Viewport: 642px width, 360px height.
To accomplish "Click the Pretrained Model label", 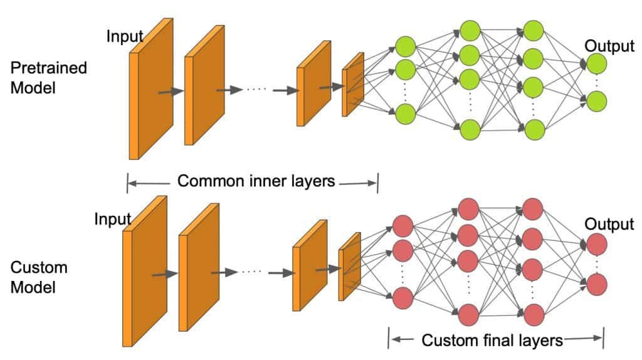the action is click(x=48, y=78).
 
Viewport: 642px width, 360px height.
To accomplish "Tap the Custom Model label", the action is click(x=39, y=277).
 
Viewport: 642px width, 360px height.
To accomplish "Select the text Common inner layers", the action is click(x=256, y=181).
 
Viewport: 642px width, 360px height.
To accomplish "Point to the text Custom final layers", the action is click(x=492, y=341).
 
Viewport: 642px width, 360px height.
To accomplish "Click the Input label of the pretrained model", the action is click(x=125, y=36).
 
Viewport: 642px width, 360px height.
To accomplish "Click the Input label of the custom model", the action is click(x=113, y=219).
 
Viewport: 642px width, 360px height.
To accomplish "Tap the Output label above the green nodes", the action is click(x=609, y=46).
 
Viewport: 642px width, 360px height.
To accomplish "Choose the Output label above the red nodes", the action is click(x=609, y=224).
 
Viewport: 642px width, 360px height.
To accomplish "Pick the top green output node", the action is click(x=597, y=63).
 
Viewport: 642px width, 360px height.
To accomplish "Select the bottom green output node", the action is click(x=597, y=101).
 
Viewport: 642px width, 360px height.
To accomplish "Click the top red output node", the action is click(x=597, y=244).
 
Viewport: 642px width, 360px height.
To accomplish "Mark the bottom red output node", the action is click(x=597, y=285).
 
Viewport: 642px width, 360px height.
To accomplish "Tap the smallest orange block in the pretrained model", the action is click(x=353, y=85).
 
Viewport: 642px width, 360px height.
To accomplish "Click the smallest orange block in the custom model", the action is click(x=350, y=267).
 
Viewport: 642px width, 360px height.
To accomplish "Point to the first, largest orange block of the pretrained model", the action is click(x=151, y=89).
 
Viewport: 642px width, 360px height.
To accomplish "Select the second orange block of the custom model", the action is click(x=199, y=267).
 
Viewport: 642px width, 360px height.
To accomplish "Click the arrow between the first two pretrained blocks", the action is click(x=171, y=92).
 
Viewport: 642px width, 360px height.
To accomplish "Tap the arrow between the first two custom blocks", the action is click(x=165, y=274).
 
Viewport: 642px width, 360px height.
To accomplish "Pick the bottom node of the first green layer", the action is click(x=406, y=114).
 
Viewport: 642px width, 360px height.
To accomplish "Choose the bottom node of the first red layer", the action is click(x=403, y=298).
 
